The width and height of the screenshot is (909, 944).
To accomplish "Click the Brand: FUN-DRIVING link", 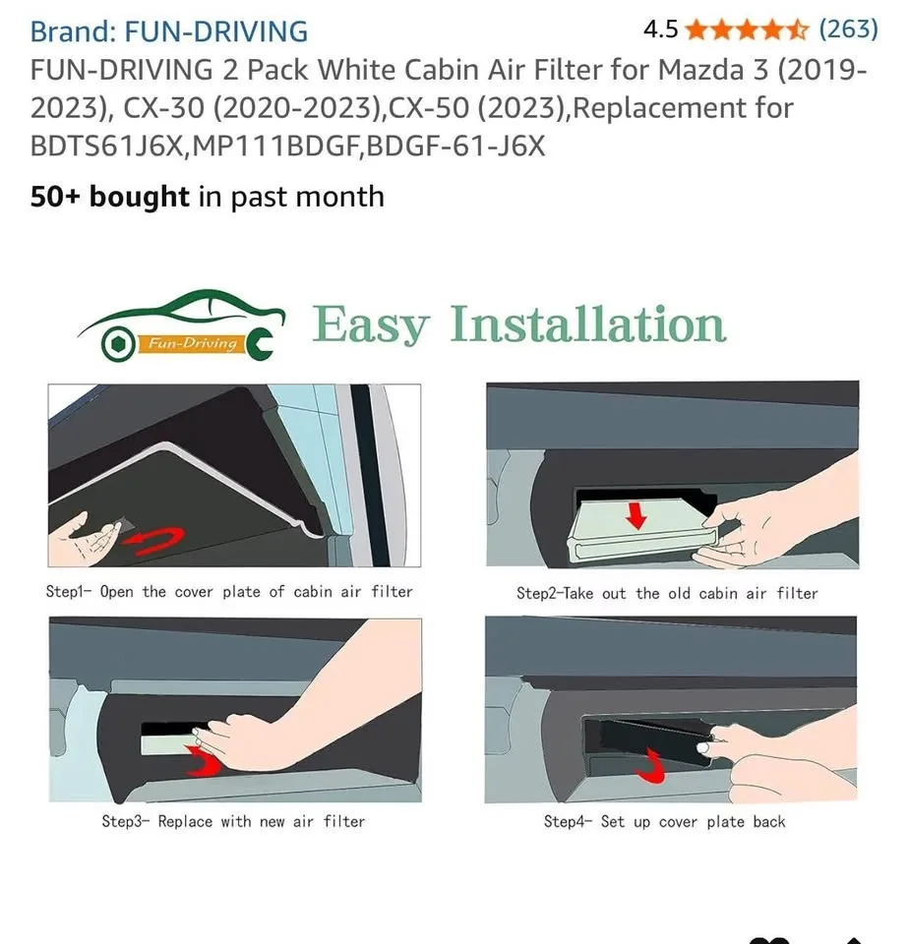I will pos(168,31).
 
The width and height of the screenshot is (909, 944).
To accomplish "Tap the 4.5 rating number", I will pos(660,29).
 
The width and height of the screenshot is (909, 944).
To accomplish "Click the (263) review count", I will pos(848,29).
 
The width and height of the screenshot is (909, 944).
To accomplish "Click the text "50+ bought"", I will pos(109,197).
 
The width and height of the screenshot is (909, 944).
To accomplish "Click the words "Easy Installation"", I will pos(519,325).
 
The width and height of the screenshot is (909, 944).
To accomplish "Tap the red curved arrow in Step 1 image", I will pos(160,538).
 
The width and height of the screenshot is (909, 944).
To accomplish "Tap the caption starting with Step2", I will pos(667,593).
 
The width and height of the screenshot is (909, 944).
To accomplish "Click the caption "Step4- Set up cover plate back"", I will pos(664,821).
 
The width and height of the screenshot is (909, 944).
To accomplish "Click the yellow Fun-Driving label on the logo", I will pos(192,343).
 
